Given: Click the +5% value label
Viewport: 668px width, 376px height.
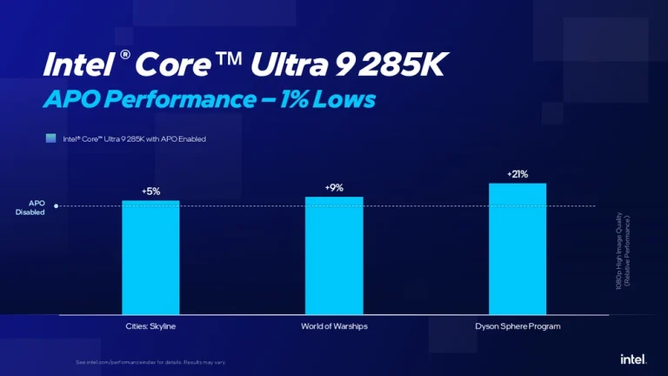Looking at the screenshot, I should pos(150,191).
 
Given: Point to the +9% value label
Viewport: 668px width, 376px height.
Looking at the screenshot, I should pos(334,187).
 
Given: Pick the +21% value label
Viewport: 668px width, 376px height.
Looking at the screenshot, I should pos(518,174).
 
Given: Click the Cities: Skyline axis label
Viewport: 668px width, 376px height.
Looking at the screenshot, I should pos(150,326).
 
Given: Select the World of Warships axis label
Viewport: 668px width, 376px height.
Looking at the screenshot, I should pos(334,326).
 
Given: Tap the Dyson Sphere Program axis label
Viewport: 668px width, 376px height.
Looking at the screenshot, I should pos(518,326).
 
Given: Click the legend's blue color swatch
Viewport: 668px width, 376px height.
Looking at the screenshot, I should pos(51,138).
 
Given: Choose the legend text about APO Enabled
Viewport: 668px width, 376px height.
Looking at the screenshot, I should pos(134,138).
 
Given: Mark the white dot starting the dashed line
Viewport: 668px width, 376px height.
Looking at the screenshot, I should pos(56,206).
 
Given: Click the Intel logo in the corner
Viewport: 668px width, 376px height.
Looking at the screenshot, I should pos(631,359).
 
